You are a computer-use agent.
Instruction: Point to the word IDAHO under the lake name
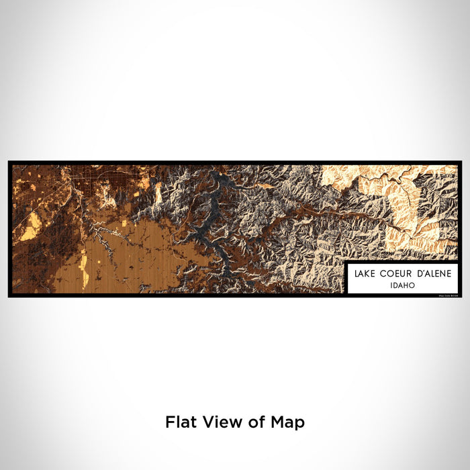(402, 285)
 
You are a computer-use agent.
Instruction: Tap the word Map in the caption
(286, 423)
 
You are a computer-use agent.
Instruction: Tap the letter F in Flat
(169, 422)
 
